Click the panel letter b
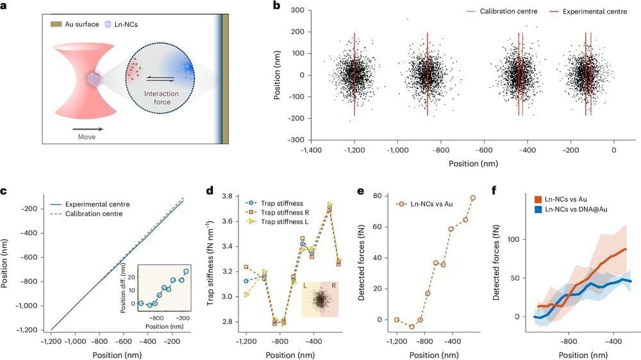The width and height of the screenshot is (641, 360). click(277, 6)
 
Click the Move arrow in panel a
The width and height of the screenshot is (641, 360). click(80, 128)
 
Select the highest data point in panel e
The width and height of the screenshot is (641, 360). click(473, 198)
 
